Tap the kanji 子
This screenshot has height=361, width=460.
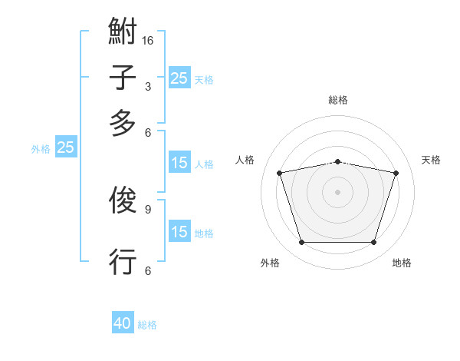pyautogui.click(x=123, y=78)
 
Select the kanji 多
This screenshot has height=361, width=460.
pyautogui.click(x=123, y=123)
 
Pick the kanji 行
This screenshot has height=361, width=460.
pyautogui.click(x=123, y=261)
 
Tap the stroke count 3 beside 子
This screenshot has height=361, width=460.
pyautogui.click(x=147, y=86)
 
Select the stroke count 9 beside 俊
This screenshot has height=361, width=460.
pyautogui.click(x=147, y=208)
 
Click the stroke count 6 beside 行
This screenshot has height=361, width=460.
pyautogui.click(x=147, y=270)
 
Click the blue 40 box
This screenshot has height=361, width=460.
pyautogui.click(x=123, y=323)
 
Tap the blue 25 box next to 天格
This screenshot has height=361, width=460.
pyautogui.click(x=179, y=78)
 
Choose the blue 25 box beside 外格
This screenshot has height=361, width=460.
pyautogui.click(x=65, y=147)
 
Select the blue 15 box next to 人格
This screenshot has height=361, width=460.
pyautogui.click(x=179, y=163)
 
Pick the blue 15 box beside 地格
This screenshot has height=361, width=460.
pyautogui.click(x=179, y=232)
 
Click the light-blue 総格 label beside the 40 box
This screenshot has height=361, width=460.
pyautogui.click(x=148, y=325)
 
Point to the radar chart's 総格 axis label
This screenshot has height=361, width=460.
pyautogui.click(x=338, y=100)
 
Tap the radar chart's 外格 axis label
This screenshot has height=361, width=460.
pyautogui.click(x=270, y=263)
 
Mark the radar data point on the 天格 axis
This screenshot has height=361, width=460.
pyautogui.click(x=396, y=173)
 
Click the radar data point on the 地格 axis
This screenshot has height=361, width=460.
pyautogui.click(x=373, y=243)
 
